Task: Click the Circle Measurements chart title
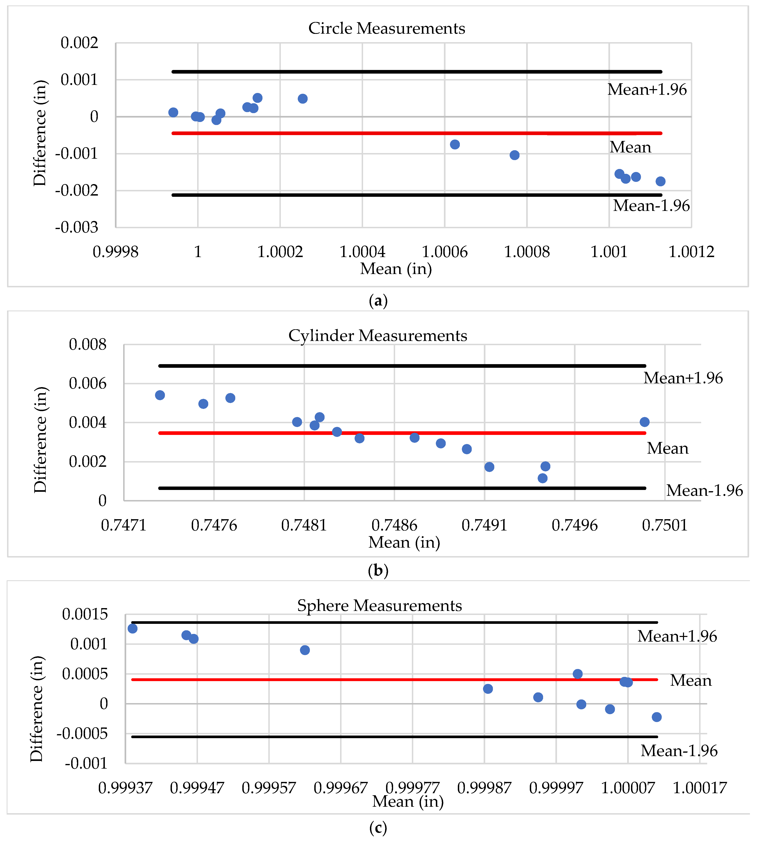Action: pos(387,28)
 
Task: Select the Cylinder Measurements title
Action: pos(378,336)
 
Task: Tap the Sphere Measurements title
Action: pos(379,605)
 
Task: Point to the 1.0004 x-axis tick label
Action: pos(362,252)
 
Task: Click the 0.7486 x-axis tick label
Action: pos(394,525)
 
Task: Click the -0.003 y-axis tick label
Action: pos(77,227)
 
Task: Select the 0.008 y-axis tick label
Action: pos(87,344)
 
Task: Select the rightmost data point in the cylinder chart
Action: pos(644,422)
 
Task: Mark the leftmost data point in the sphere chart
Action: pos(133,628)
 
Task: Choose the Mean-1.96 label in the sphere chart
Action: pos(679,751)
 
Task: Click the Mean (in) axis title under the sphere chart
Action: pos(408,801)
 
